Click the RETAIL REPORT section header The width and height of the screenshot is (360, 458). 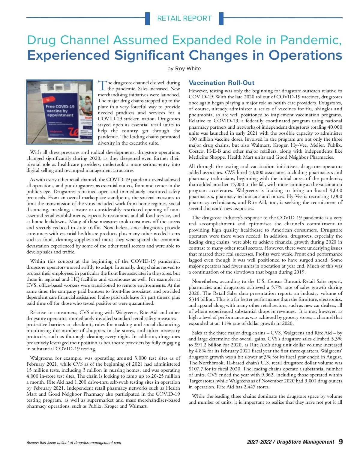(184, 18)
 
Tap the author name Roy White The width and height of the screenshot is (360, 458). (188, 68)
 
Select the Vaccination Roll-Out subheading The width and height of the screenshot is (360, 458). (221, 83)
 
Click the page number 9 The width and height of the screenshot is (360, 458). (340, 442)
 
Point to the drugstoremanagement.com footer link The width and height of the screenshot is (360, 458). (97, 443)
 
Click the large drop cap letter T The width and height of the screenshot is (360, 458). (102, 85)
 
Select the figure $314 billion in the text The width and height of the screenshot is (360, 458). (201, 299)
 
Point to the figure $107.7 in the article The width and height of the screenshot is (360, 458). (196, 369)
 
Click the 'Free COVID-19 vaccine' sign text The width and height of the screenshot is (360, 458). (60, 111)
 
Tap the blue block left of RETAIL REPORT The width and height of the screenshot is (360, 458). (147, 18)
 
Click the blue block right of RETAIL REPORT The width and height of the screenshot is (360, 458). (221, 18)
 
